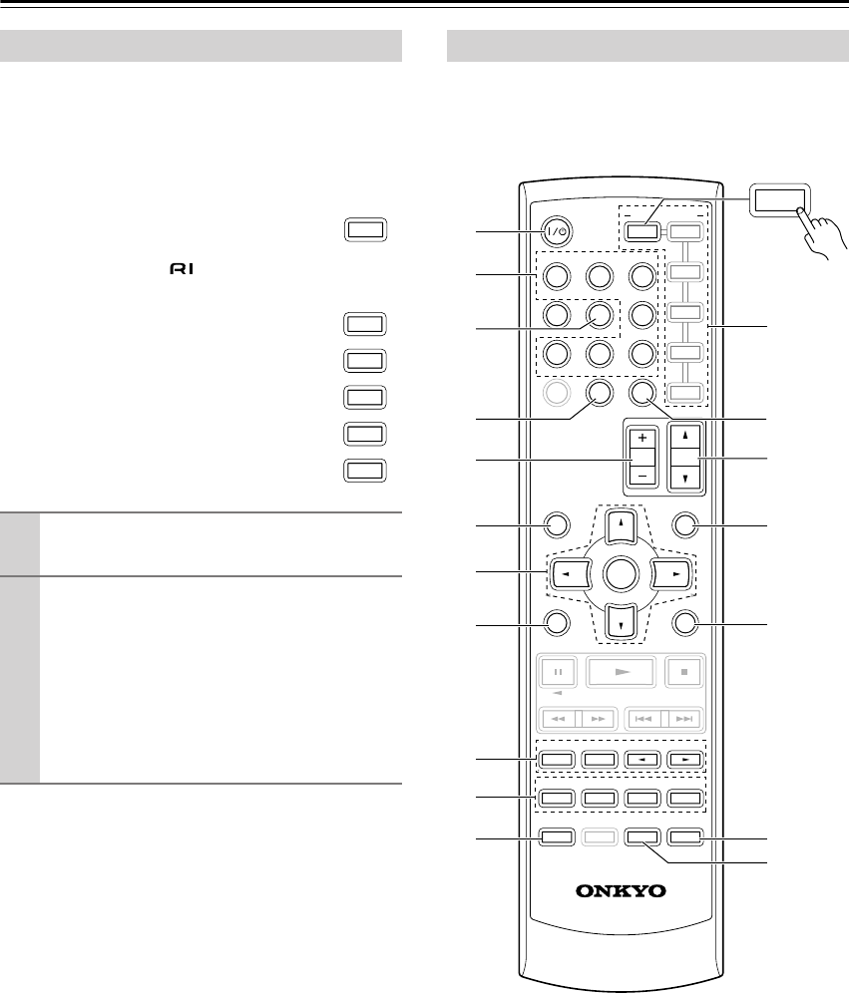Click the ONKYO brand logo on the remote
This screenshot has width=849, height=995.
(x=621, y=890)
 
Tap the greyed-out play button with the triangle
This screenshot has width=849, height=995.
(x=623, y=671)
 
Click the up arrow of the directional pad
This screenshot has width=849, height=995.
(x=621, y=523)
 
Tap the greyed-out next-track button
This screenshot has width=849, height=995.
(x=685, y=718)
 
